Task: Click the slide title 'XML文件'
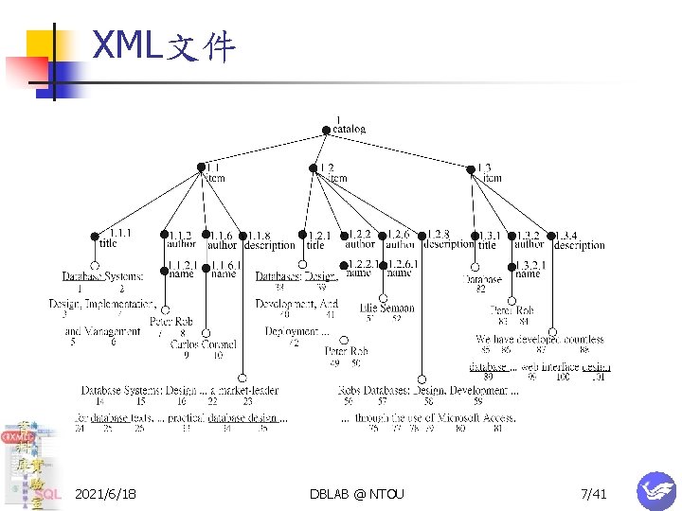(x=164, y=44)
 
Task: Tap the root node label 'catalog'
(x=349, y=130)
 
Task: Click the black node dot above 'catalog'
(x=327, y=131)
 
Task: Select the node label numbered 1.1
(x=213, y=167)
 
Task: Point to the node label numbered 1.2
(x=327, y=167)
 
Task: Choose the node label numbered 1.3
(x=484, y=167)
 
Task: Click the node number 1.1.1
(x=121, y=231)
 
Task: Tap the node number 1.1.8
(x=261, y=235)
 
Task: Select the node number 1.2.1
(x=319, y=235)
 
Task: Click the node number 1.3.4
(x=565, y=235)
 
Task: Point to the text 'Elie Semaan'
(x=386, y=308)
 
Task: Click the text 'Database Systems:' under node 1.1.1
(x=103, y=276)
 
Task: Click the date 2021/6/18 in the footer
(x=105, y=494)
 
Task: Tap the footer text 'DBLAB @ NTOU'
(x=356, y=494)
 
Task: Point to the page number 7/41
(x=594, y=494)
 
